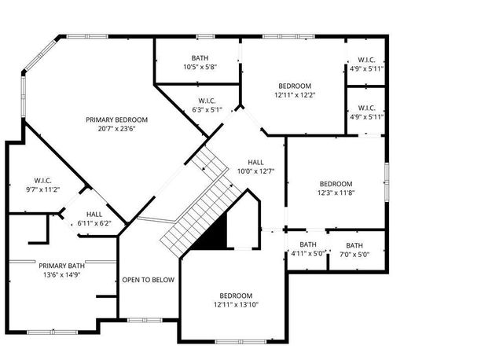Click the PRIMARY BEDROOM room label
(x=117, y=119)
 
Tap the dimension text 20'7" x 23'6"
(x=117, y=129)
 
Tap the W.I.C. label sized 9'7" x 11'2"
(x=42, y=180)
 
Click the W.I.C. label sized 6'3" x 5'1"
(x=207, y=101)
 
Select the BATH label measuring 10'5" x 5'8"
(x=200, y=58)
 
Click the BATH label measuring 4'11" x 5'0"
(x=308, y=244)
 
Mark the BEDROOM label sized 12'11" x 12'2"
(x=295, y=86)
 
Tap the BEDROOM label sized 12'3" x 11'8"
(x=335, y=184)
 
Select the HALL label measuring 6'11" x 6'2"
(x=94, y=214)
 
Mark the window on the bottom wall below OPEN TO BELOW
(x=143, y=320)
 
